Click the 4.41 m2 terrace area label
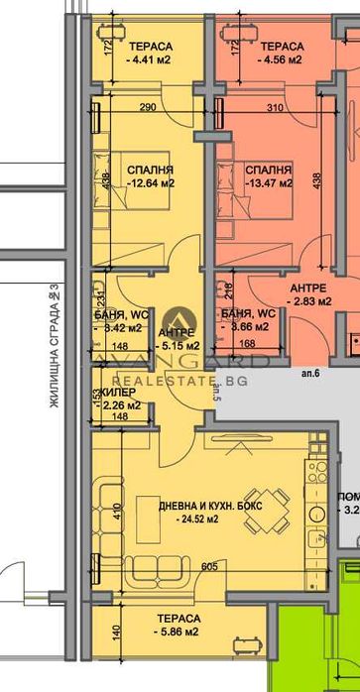click(151, 59)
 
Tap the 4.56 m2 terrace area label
click(284, 59)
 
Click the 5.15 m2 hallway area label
click(179, 345)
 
